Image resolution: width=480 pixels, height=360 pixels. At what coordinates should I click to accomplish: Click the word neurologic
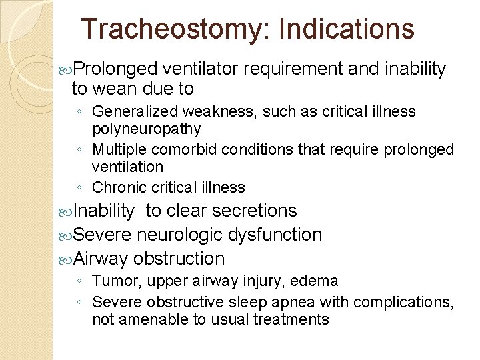(x=180, y=235)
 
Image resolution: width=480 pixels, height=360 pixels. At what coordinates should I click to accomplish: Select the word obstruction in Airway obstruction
(x=179, y=258)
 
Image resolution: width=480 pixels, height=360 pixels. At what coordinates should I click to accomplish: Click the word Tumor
(x=110, y=281)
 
